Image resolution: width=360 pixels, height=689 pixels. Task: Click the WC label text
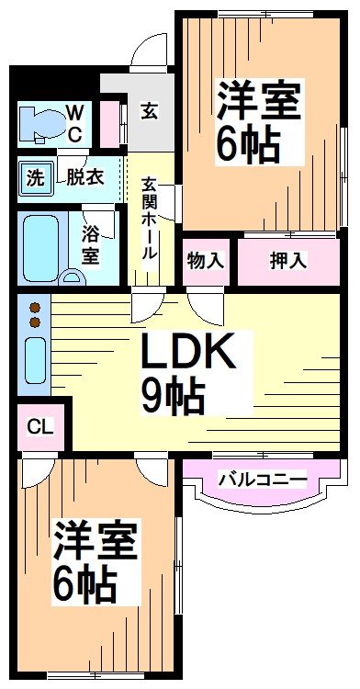coord(75,123)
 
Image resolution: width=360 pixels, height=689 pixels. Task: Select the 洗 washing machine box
coord(34,178)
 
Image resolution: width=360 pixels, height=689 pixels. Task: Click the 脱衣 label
coord(84,178)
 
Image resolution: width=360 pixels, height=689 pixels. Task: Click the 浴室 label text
coord(90,243)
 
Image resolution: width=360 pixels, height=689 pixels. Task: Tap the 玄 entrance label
coord(148,111)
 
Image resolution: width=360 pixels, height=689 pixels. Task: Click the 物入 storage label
coord(205,260)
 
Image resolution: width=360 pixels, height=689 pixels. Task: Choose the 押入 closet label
coord(287,260)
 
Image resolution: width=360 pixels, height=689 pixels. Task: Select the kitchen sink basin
coord(35,359)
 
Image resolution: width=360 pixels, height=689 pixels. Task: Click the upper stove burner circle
coord(35,307)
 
